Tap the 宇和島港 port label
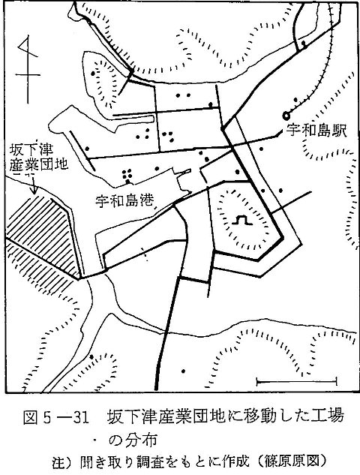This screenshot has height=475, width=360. click(x=124, y=200)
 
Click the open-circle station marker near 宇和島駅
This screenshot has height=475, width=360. click(x=286, y=116)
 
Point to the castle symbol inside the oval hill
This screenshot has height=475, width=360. click(x=242, y=220)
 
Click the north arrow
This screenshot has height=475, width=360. click(x=28, y=69)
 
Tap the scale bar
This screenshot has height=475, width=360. click(x=296, y=382)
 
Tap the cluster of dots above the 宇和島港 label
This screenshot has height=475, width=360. click(x=127, y=176)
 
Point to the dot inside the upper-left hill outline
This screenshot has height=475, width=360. click(x=93, y=74)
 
